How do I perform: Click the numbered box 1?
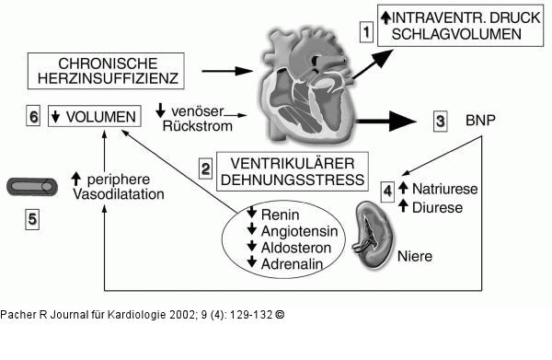(x=366, y=31)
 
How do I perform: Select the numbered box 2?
(x=206, y=168)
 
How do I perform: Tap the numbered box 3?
(x=441, y=121)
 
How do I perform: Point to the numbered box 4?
(x=388, y=192)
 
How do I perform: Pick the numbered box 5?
(x=33, y=219)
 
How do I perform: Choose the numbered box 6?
(x=33, y=117)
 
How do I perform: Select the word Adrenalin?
(x=292, y=262)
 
